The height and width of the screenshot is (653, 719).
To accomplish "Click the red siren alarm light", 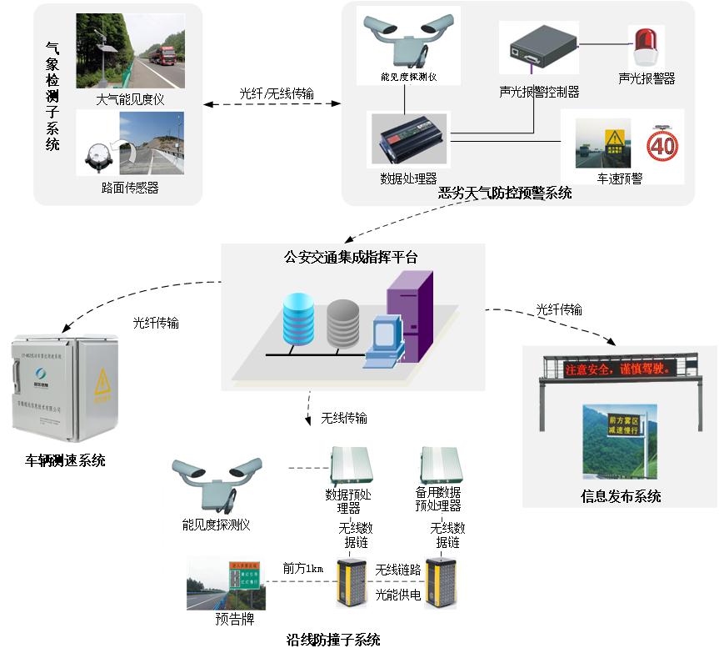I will pyautogui.click(x=645, y=47).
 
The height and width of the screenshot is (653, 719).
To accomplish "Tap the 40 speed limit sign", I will pyautogui.click(x=662, y=147).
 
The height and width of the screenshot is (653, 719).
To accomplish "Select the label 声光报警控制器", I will pyautogui.click(x=539, y=92).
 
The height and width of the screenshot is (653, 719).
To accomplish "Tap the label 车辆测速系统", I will pyautogui.click(x=66, y=460).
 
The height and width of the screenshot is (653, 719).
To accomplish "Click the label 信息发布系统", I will pyautogui.click(x=621, y=496).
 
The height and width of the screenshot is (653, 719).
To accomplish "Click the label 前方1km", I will pyautogui.click(x=302, y=569).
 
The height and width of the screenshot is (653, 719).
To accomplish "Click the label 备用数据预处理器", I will pyautogui.click(x=437, y=499).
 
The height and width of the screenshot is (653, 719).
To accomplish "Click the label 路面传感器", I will pyautogui.click(x=130, y=188).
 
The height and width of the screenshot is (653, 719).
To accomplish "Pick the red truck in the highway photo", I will pyautogui.click(x=164, y=55).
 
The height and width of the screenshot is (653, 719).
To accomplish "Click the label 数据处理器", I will pyautogui.click(x=408, y=178).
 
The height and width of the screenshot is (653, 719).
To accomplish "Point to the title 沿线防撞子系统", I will pyautogui.click(x=333, y=640).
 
